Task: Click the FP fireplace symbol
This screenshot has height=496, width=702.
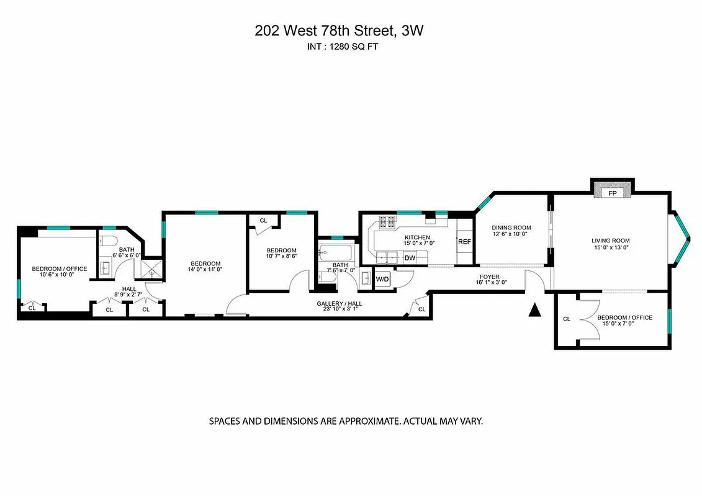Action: point(613,193)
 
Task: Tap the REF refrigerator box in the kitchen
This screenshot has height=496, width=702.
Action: point(464,242)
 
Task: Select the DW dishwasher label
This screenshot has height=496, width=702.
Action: point(410,257)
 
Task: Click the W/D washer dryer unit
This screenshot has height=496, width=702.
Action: point(382,280)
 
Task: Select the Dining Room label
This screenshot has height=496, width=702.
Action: point(511,228)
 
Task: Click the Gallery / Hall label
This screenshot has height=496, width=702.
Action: point(340,303)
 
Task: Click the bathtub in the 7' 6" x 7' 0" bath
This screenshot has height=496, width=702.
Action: point(336,253)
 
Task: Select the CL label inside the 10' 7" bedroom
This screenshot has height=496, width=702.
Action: point(263,220)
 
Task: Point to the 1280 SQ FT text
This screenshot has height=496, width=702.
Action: point(355,46)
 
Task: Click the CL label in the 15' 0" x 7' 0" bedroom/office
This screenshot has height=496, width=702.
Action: point(566,319)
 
